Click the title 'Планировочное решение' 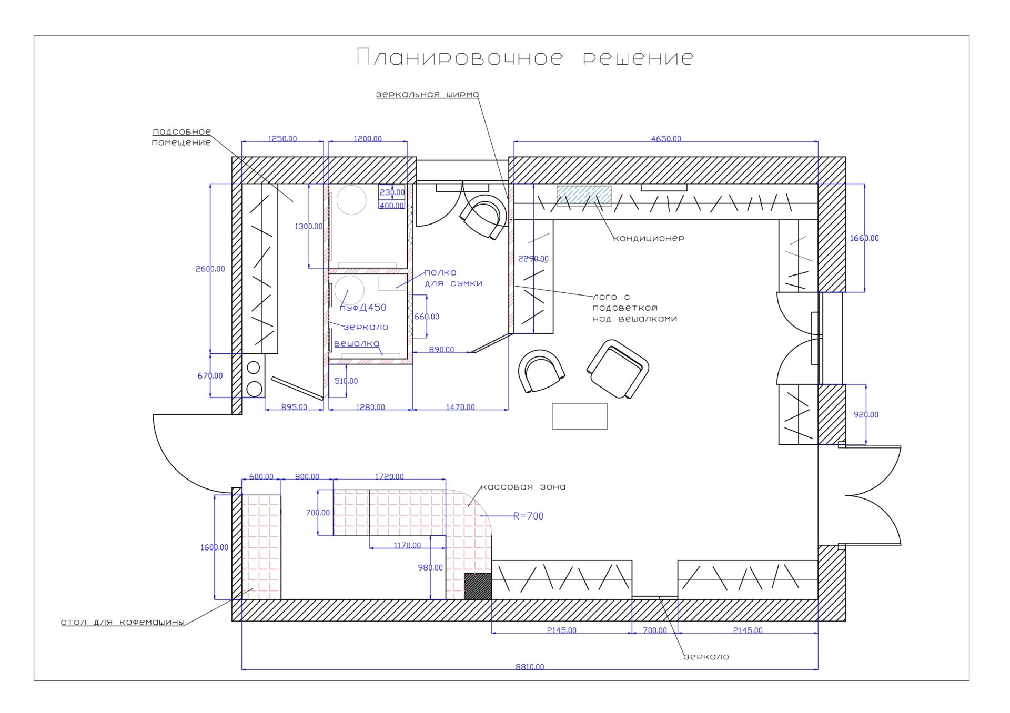[525, 57]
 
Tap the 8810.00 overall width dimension [530, 667]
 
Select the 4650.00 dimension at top [666, 139]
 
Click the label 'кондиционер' [649, 238]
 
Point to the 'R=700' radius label [528, 516]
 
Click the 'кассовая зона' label [523, 487]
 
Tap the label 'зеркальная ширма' [427, 95]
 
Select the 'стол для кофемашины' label [123, 622]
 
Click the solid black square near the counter [478, 586]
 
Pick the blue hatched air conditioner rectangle [584, 194]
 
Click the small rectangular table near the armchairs [580, 416]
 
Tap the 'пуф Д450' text [362, 308]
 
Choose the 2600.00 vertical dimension [210, 269]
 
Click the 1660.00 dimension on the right [864, 238]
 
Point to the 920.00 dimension [866, 414]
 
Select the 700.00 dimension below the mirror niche [655, 630]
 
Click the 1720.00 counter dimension [389, 476]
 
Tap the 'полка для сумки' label [453, 278]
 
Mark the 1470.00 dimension [460, 407]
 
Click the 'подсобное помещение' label [181, 137]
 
